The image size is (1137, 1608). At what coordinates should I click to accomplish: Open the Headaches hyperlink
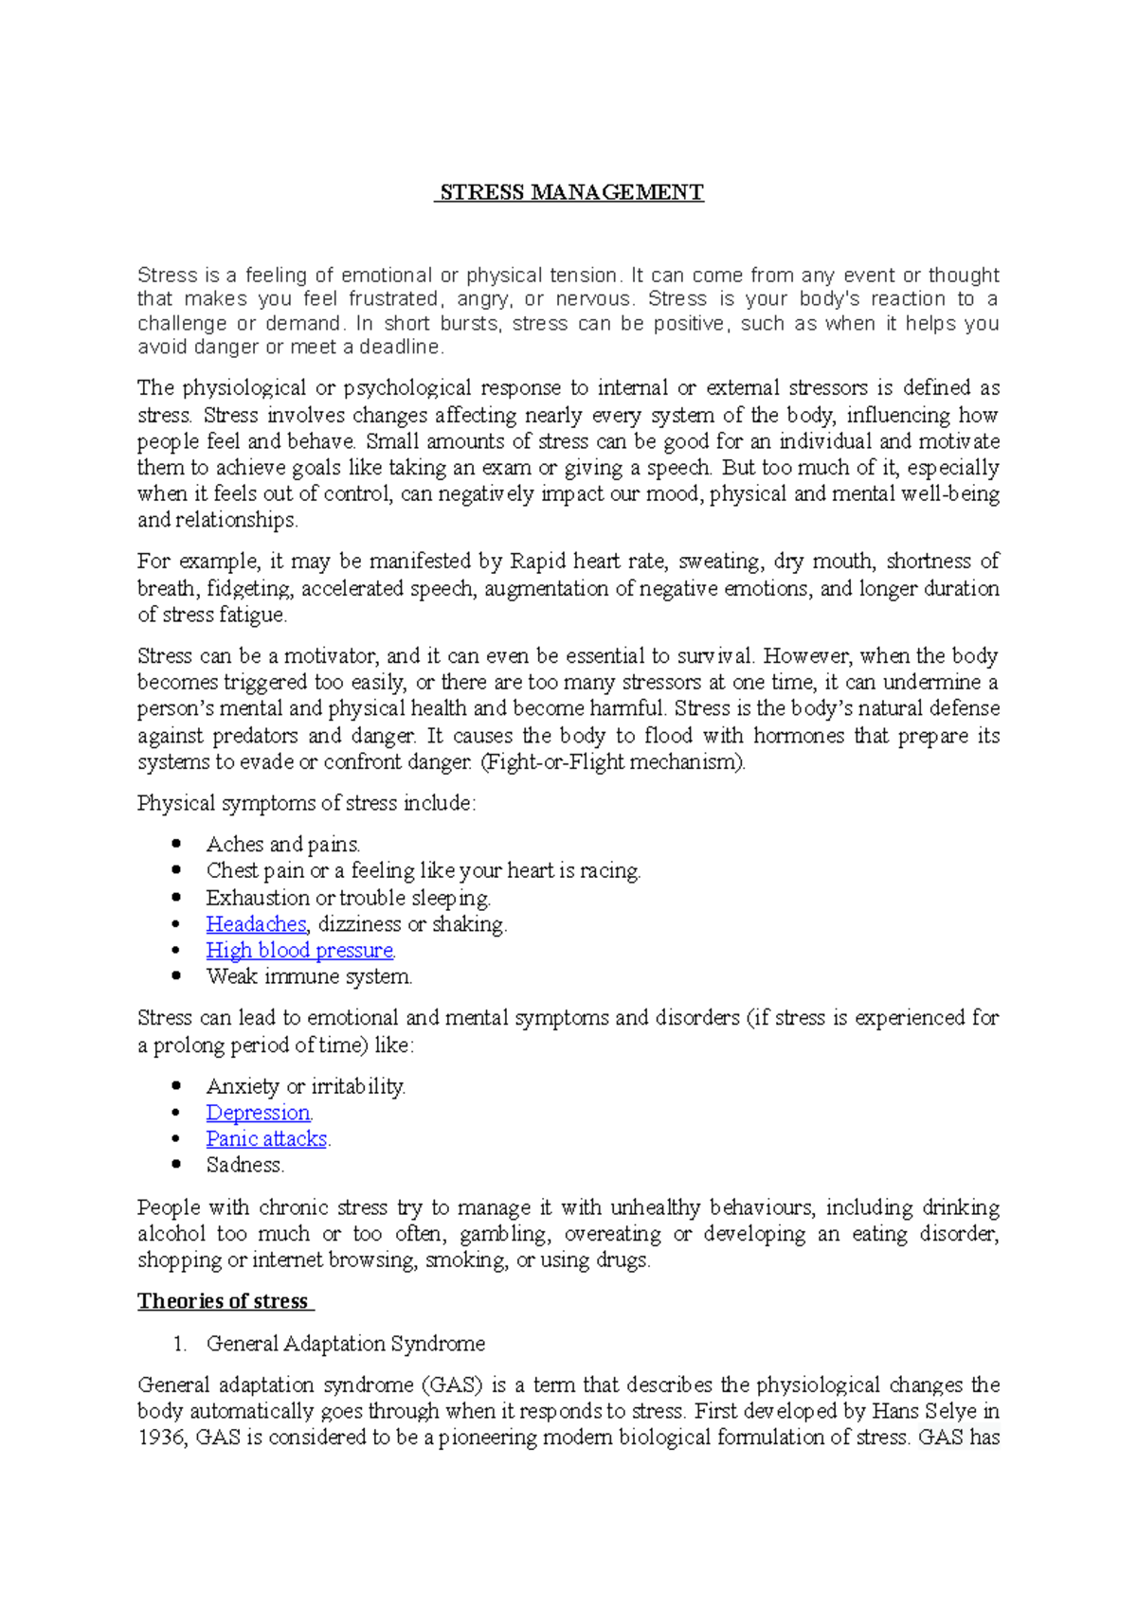256,924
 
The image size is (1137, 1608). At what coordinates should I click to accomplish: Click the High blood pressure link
299,951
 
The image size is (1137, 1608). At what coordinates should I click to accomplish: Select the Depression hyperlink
258,1113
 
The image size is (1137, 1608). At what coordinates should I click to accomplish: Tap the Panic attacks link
266,1139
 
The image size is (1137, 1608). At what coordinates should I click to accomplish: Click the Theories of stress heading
224,1301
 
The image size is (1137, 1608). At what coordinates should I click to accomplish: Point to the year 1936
162,1438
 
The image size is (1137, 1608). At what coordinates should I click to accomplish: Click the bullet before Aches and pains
176,844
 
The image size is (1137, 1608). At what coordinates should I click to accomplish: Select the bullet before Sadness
176,1165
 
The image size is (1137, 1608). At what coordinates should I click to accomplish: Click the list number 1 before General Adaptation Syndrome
179,1344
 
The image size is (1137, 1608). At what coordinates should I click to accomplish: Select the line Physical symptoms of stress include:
306,803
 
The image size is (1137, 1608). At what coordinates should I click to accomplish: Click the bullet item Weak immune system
309,976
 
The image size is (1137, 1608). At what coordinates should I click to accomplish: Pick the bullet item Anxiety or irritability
305,1086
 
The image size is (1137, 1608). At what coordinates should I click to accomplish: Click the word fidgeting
249,589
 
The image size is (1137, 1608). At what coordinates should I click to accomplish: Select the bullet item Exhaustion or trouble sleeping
348,898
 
